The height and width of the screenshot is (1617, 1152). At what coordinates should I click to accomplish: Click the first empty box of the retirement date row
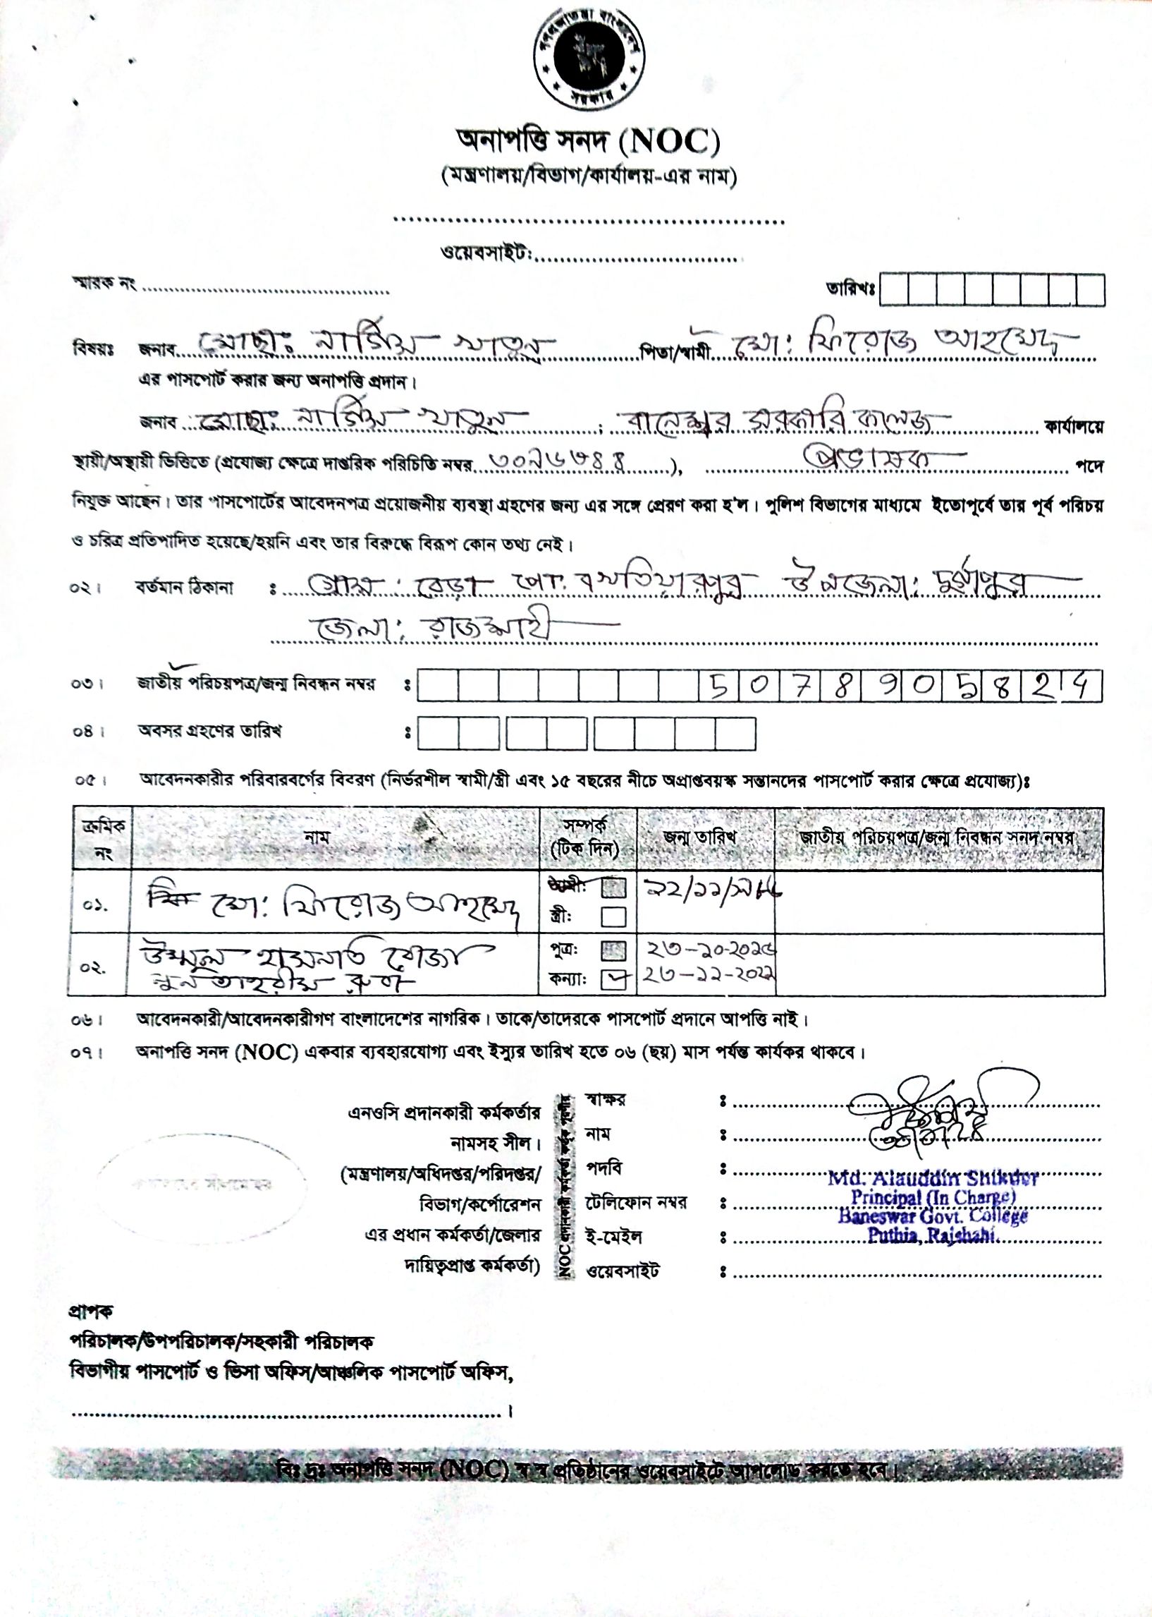pos(437,733)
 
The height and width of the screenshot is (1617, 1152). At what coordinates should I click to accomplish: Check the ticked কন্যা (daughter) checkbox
pos(613,980)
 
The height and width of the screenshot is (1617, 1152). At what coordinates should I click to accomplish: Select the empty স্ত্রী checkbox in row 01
pos(613,917)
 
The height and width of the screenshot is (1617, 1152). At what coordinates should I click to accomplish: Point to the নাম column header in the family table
pos(317,837)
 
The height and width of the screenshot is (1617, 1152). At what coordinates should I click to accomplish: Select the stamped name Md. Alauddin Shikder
pos(933,1178)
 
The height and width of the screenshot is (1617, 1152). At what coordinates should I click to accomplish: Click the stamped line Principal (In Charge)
pos(933,1197)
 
